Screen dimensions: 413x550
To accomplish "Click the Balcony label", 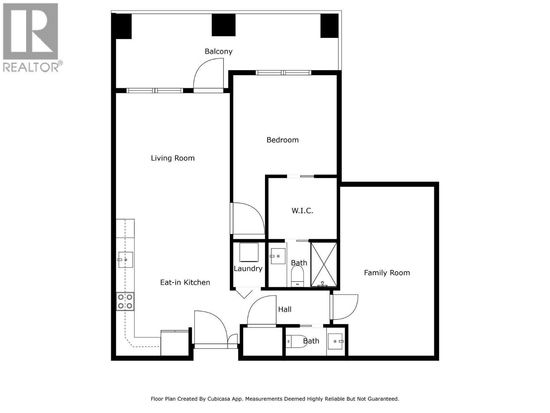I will point(219,51).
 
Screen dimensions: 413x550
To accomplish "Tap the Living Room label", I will point(173,158).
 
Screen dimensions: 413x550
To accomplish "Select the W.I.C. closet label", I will point(302,211).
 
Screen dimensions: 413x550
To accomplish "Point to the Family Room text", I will point(387,273).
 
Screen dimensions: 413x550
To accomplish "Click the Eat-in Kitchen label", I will point(185,282).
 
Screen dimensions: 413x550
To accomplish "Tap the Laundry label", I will point(248,268).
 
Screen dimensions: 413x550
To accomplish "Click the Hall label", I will point(285,309).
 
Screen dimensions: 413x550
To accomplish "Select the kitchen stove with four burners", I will point(125,301).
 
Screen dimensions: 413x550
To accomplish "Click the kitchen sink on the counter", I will point(125,260).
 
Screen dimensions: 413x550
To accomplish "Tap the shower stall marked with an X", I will point(324,264).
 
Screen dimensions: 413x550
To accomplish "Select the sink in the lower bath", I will point(336,341).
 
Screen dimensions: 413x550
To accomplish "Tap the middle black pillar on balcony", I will point(223,25).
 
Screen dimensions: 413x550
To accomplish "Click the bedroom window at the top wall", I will point(283,73).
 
